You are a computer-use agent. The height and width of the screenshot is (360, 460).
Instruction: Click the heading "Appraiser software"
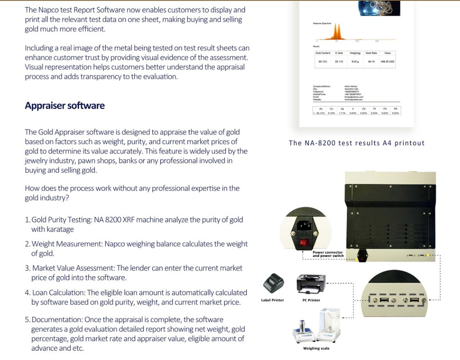[65, 106]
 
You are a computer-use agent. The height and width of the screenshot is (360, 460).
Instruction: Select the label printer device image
[273, 283]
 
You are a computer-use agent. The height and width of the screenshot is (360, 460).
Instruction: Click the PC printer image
[310, 284]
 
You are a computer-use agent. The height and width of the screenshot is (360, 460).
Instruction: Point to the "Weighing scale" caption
[316, 348]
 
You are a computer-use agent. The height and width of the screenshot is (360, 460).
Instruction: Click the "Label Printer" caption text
[272, 300]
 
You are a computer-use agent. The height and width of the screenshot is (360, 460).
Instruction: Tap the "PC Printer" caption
[311, 300]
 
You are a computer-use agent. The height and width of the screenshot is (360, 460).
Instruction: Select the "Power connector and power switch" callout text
[328, 254]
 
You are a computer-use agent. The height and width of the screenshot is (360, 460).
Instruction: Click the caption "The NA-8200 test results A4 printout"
[356, 143]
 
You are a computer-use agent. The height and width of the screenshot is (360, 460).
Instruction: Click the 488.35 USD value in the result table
[387, 61]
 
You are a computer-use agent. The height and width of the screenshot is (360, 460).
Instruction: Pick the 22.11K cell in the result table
[339, 61]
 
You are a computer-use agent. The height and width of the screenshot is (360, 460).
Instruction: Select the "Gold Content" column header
[323, 53]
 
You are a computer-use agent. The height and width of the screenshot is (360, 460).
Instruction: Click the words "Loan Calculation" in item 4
[58, 293]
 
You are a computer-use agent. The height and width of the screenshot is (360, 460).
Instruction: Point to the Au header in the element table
[321, 109]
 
